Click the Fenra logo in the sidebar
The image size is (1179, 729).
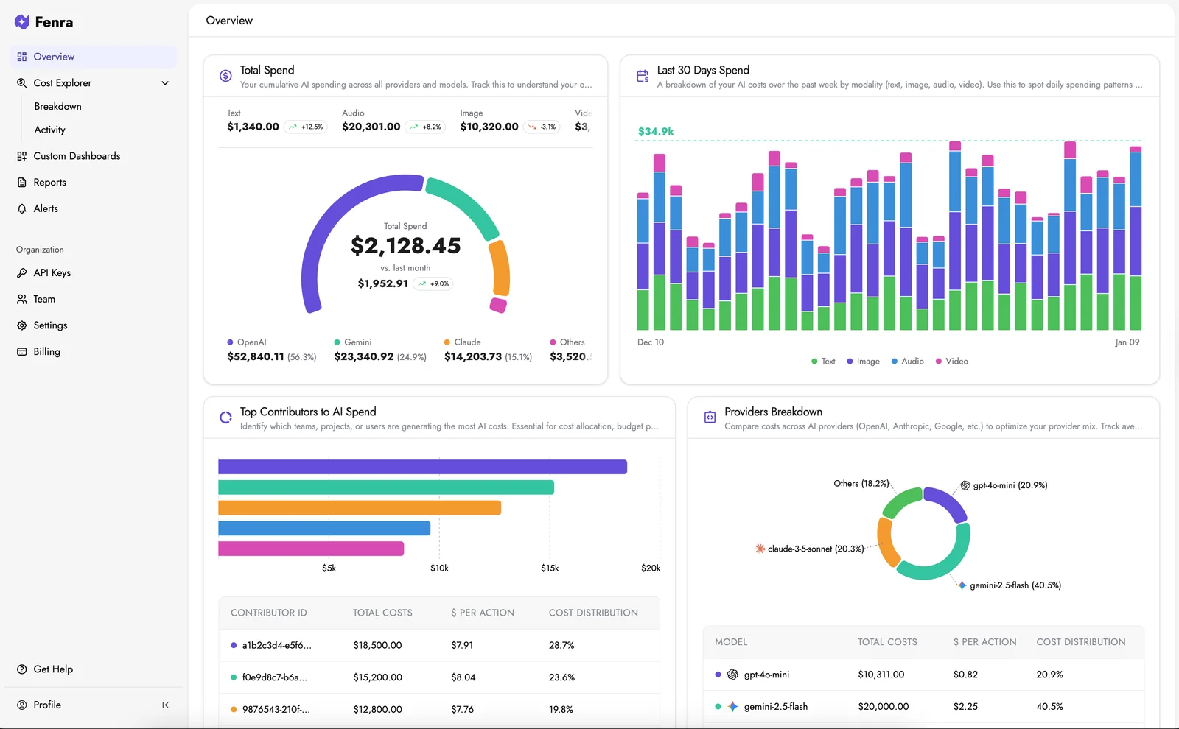point(43,22)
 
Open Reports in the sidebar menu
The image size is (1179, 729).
point(49,183)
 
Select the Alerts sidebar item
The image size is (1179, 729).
point(46,208)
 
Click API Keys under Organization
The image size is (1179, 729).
point(52,272)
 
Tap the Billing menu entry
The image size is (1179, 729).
point(46,352)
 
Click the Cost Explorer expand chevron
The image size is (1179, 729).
point(165,83)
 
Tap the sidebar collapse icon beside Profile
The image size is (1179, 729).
point(165,705)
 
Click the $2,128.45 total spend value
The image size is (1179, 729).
point(405,245)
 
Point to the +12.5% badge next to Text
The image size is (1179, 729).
point(306,127)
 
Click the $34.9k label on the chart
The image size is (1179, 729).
point(655,131)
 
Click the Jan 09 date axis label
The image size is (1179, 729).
point(1127,342)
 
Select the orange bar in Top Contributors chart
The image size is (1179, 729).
point(360,508)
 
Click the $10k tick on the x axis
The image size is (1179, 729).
point(439,568)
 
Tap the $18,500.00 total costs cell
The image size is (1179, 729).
point(377,645)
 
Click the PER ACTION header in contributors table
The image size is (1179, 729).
point(483,613)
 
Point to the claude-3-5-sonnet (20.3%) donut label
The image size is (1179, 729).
point(815,549)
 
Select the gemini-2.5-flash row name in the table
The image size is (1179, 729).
point(775,706)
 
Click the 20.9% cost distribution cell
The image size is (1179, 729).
point(1049,675)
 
